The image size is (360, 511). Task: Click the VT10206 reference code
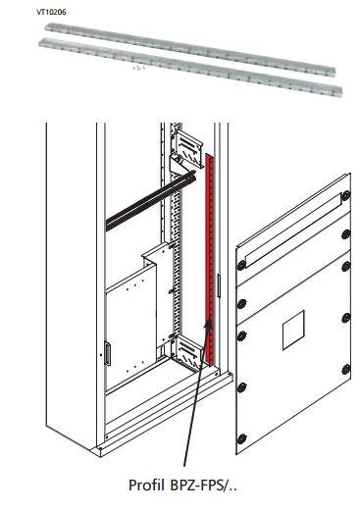(x=51, y=12)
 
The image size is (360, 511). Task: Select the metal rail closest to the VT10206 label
(x=189, y=49)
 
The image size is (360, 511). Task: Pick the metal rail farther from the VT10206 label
(x=190, y=68)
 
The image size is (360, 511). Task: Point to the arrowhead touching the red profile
(x=207, y=324)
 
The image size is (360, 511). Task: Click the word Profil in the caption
(x=147, y=485)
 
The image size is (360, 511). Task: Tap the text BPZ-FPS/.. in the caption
(x=203, y=485)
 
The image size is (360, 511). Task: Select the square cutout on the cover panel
(x=293, y=330)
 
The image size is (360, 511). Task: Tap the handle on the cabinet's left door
(x=107, y=353)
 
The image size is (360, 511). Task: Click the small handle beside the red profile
(x=219, y=285)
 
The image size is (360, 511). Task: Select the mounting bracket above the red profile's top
(x=186, y=146)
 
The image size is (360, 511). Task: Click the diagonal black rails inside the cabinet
(x=150, y=201)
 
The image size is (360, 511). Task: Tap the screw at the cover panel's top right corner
(x=345, y=195)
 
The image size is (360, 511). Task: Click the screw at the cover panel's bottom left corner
(x=241, y=439)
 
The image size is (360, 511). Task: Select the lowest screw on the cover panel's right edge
(x=345, y=370)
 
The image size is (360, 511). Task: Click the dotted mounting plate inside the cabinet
(x=130, y=327)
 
